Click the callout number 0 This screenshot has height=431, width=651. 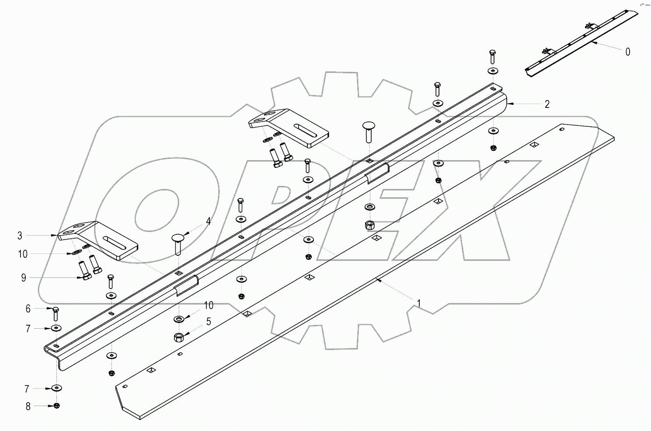click(628, 52)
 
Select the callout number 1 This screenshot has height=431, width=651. click(419, 302)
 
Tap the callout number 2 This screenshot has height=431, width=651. click(547, 104)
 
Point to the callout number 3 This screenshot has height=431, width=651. click(20, 236)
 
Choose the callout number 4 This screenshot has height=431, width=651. click(208, 222)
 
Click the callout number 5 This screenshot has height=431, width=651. click(209, 322)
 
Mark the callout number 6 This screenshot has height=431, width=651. click(28, 309)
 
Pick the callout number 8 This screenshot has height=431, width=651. click(28, 406)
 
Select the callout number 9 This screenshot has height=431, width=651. click(24, 278)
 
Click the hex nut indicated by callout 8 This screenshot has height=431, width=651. click(56, 406)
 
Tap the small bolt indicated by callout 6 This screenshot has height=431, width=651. click(56, 314)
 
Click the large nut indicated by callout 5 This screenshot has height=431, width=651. click(178, 337)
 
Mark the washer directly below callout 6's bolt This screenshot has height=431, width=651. click(56, 328)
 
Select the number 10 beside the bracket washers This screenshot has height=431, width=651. click(23, 254)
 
